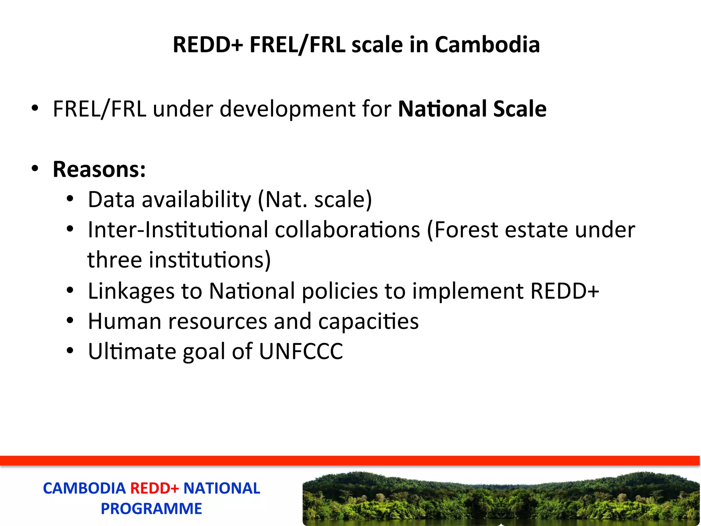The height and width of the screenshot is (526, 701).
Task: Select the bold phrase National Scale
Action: tap(472, 109)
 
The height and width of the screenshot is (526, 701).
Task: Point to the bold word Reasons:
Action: tap(99, 169)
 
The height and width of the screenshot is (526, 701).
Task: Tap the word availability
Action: tap(196, 199)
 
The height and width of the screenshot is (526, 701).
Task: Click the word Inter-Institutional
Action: tap(178, 229)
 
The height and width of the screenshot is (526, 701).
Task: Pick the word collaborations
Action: tap(347, 229)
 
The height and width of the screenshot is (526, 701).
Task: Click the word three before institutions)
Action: tap(115, 260)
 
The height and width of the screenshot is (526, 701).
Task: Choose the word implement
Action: tap(468, 291)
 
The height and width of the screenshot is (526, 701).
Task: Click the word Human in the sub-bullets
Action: tap(125, 321)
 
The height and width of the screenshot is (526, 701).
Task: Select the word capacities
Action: tap(368, 321)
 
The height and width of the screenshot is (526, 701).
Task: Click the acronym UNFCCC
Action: tap(301, 351)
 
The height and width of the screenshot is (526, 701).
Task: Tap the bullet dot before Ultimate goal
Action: tap(70, 351)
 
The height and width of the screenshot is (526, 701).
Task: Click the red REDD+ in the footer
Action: tap(155, 488)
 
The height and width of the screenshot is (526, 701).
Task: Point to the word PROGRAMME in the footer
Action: tap(151, 509)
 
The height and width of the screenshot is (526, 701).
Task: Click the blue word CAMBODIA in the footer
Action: tap(84, 488)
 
